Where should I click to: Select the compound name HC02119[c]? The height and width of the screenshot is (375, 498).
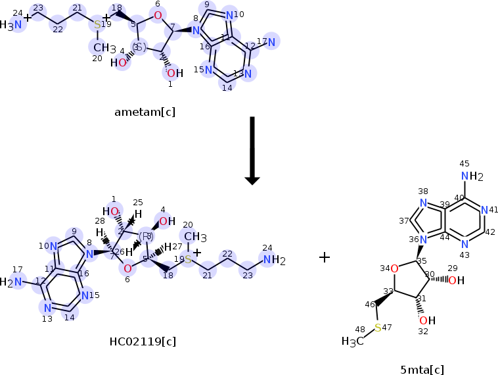pos(143,341)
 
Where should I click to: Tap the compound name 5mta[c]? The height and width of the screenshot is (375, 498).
pos(422,369)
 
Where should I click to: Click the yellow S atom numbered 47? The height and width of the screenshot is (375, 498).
pos(378,327)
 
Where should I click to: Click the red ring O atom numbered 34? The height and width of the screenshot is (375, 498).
pos(394,268)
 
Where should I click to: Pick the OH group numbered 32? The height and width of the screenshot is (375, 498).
pos(426,320)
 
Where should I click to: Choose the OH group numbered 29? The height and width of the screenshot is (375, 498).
pos(456,280)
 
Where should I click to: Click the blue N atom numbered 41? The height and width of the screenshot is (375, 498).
pos(484,211)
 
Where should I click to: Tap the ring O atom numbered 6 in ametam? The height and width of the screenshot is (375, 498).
pos(158,15)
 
